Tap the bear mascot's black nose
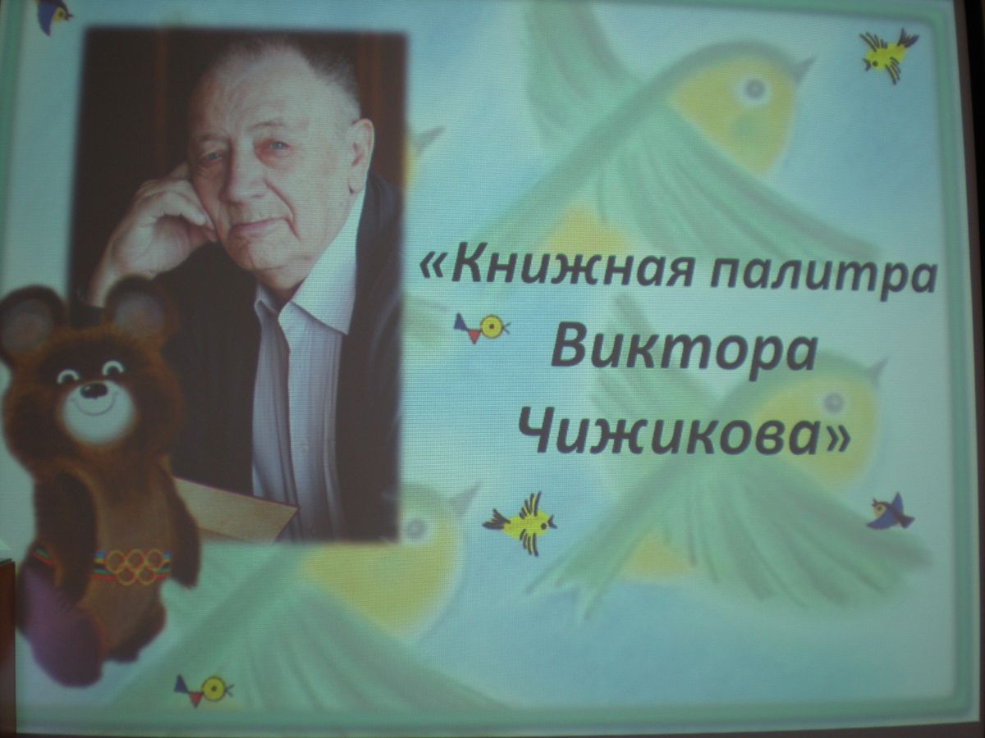pyautogui.click(x=94, y=389)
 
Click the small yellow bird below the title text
pyautogui.click(x=522, y=522)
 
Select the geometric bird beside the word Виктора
pyautogui.click(x=481, y=327)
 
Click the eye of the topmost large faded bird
pyautogui.click(x=754, y=85)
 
